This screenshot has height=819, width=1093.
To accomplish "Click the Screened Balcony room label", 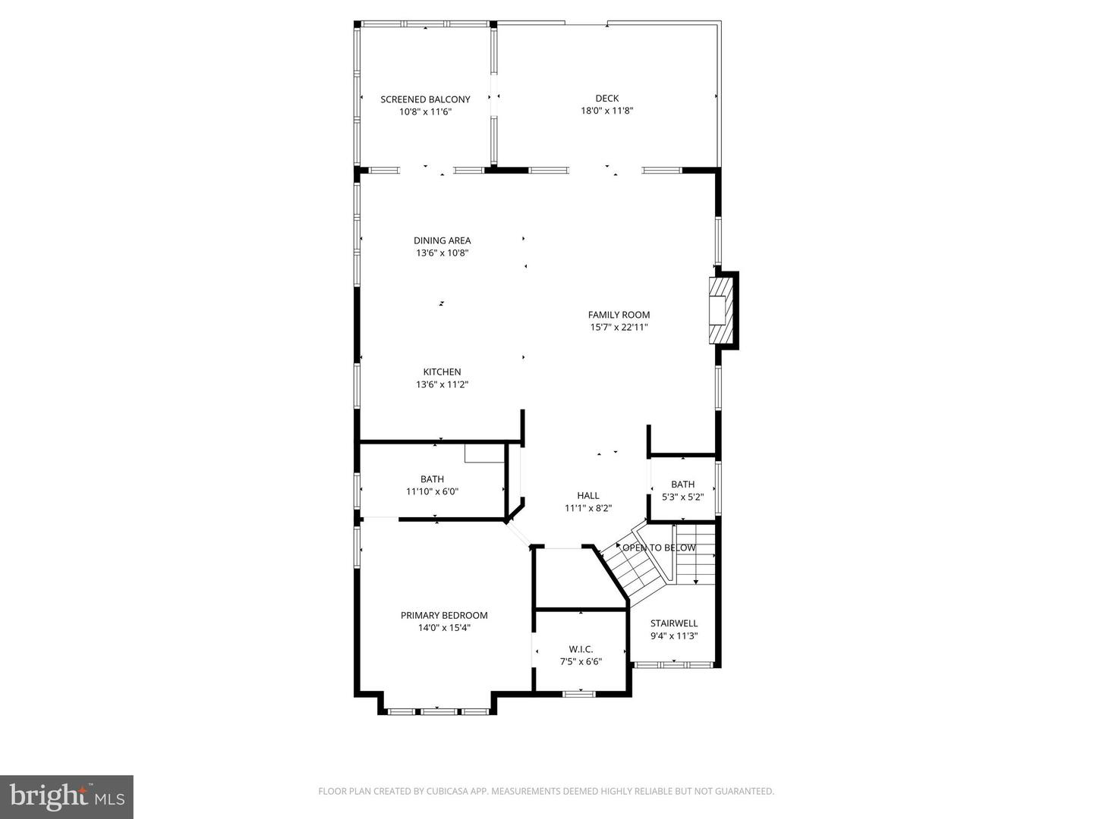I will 425,99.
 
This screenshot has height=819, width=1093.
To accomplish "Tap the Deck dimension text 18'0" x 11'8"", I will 606,111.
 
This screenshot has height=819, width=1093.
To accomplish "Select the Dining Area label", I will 442,240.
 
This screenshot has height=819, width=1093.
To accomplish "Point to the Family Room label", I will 619,315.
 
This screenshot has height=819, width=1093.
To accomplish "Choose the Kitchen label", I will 442,372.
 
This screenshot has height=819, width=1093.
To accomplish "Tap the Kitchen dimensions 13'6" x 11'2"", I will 442,384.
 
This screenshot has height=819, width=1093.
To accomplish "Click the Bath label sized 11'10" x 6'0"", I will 432,479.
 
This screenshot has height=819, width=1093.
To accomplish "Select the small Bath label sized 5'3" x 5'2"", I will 682,485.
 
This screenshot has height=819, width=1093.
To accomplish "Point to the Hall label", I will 587,496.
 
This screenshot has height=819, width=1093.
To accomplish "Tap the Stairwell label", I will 673,623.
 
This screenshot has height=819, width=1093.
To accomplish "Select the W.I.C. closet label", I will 581,648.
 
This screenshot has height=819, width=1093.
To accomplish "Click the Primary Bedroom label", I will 444,615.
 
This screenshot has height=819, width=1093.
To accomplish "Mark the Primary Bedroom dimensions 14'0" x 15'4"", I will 444,628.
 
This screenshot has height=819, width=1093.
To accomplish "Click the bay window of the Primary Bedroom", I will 437,711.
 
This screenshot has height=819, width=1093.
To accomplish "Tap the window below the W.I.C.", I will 578,692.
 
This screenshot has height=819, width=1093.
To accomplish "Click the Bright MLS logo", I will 67,796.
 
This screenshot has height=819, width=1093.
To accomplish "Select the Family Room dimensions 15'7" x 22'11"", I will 619,328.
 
